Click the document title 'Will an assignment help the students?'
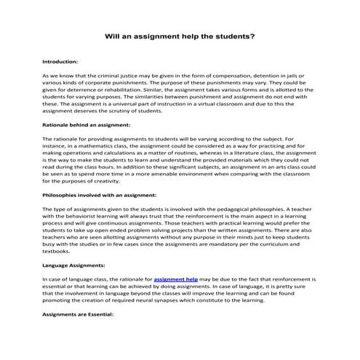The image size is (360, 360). pyautogui.click(x=180, y=35)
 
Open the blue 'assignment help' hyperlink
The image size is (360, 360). pyautogui.click(x=171, y=279)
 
